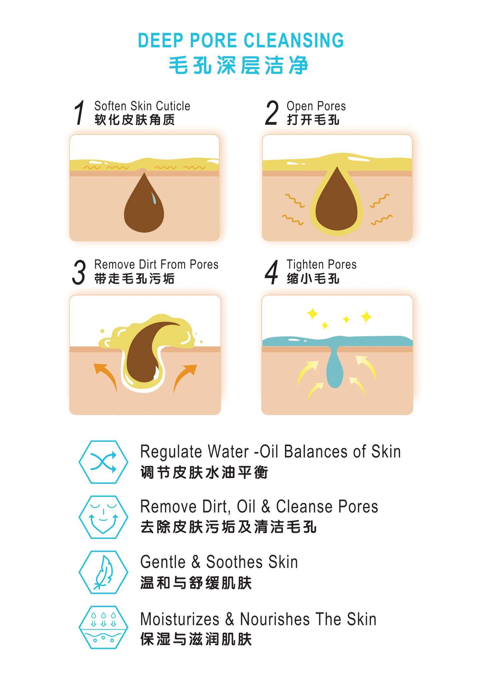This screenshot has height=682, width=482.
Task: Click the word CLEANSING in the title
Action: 294,40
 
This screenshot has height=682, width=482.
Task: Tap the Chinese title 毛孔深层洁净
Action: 239,65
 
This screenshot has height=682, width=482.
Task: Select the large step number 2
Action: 271,113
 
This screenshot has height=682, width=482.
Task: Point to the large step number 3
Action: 79,272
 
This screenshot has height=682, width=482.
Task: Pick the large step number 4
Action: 271,272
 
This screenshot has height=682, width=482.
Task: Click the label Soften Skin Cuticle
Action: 142,106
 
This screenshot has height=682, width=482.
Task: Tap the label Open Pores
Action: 316,106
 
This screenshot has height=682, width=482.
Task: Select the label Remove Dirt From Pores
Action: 156,264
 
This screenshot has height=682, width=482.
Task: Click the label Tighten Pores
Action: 322,265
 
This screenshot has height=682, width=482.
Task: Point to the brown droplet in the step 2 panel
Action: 337,201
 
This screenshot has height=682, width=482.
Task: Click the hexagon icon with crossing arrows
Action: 103,462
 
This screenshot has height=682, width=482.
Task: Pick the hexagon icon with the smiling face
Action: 103,517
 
